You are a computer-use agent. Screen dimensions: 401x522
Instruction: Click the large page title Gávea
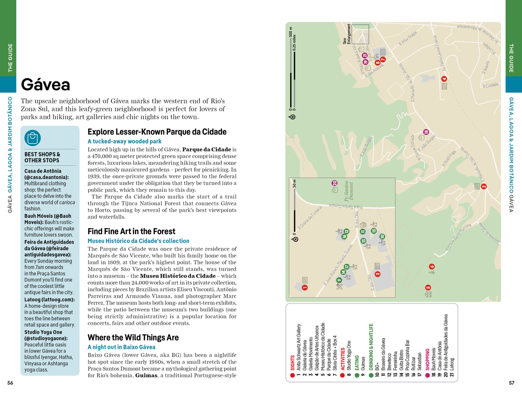click(x=46, y=84)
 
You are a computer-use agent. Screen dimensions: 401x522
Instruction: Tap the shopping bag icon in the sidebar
click(x=33, y=138)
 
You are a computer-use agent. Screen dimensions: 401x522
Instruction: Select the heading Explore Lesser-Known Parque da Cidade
click(x=157, y=132)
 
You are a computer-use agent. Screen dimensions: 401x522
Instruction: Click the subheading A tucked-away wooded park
click(x=125, y=141)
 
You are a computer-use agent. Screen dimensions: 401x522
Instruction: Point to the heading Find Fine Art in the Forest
click(x=132, y=231)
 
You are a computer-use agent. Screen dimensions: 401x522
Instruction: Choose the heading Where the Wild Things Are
click(x=133, y=338)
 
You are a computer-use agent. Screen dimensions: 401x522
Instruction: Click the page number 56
click(x=10, y=383)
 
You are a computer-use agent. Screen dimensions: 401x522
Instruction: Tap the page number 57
click(x=512, y=383)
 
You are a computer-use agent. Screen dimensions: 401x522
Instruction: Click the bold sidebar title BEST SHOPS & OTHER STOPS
click(x=42, y=157)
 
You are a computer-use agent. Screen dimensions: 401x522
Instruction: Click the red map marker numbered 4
click(x=444, y=79)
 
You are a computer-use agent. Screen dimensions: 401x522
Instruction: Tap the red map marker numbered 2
click(x=484, y=187)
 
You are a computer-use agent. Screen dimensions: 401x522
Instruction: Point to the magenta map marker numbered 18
click(x=426, y=132)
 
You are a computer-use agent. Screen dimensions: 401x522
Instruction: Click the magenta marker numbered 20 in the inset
click(x=334, y=183)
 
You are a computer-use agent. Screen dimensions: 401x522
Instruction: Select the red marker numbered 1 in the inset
click(x=305, y=287)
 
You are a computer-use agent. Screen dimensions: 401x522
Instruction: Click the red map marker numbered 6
click(x=432, y=267)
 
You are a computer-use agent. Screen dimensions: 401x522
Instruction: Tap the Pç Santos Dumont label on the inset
click(x=349, y=191)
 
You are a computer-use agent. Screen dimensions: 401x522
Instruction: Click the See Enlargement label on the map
click(x=347, y=34)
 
